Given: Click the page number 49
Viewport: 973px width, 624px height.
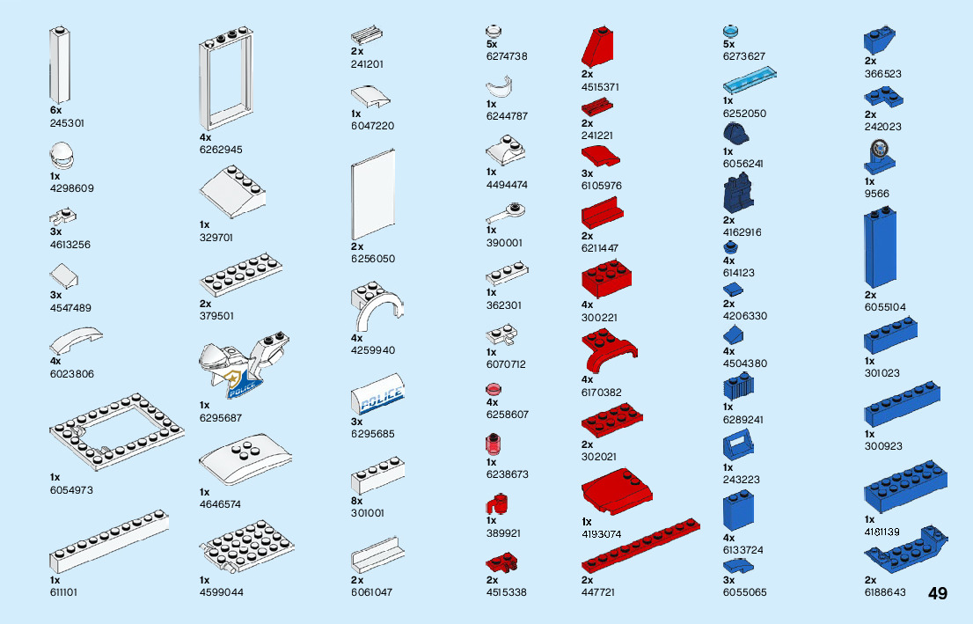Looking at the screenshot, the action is pos(937,593).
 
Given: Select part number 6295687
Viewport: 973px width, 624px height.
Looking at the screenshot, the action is pos(220,418).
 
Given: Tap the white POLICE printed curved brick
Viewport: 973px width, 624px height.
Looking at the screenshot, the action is pos(377,395).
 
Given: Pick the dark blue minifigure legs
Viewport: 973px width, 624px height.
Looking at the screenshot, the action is pos(738,193).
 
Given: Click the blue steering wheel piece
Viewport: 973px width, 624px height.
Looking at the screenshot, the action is pos(880,156).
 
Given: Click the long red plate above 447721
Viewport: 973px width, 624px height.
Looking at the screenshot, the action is pos(641,545).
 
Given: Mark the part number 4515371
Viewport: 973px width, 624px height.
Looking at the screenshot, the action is pos(600,87).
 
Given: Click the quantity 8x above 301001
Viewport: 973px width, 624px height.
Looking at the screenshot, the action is pos(357,501).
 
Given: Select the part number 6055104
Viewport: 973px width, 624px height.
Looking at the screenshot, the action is pos(885,307).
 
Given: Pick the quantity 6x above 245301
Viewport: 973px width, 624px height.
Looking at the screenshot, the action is pos(55,111).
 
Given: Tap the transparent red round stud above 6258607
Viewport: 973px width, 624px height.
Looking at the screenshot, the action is pos(494,388).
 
